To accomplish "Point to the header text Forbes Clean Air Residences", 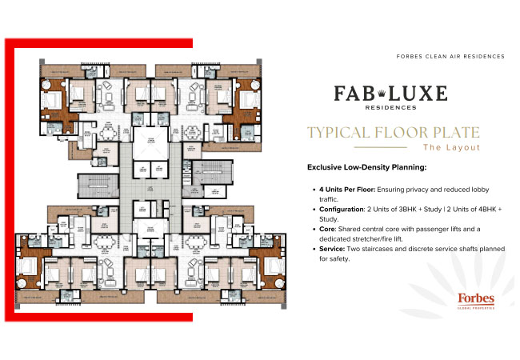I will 450,57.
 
